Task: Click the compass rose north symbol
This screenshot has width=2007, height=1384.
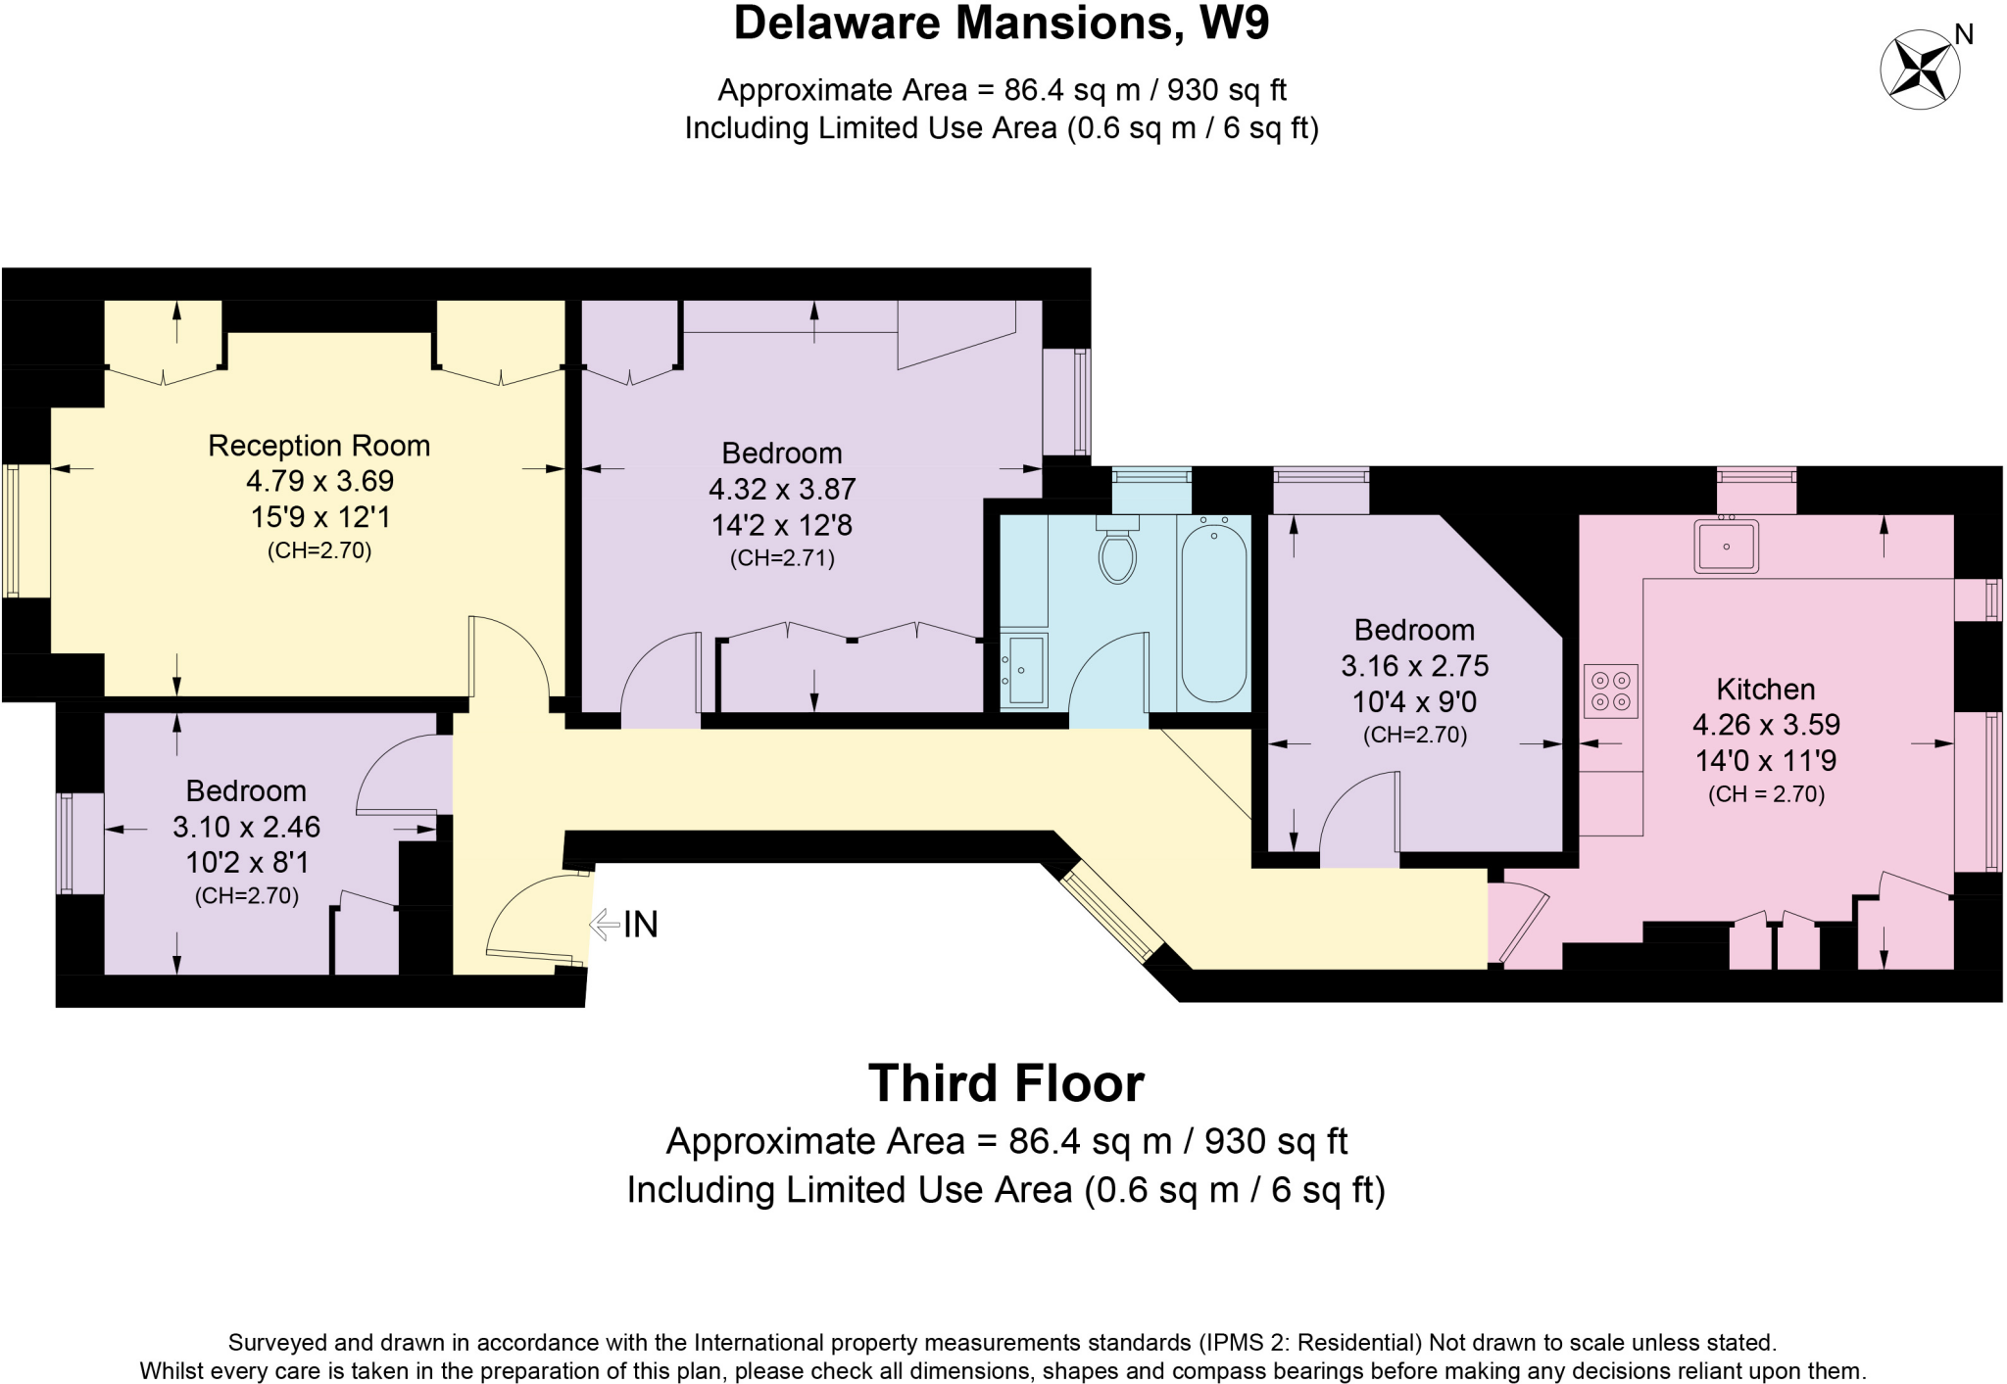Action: tap(1920, 70)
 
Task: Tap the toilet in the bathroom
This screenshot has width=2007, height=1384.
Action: tap(1117, 554)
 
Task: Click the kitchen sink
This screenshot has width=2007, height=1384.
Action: tap(1726, 547)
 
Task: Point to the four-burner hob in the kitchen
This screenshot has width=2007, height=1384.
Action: tap(1610, 691)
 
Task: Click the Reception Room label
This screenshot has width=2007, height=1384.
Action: tap(318, 446)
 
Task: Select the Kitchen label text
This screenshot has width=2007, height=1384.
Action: tap(1765, 689)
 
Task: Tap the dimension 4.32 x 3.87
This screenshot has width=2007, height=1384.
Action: tap(782, 489)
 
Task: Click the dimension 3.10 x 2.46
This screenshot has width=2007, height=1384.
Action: tap(246, 827)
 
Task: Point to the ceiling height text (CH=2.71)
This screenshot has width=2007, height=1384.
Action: tap(782, 559)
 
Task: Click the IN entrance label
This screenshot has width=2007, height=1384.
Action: tap(641, 924)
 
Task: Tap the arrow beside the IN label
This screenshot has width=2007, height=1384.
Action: tap(604, 924)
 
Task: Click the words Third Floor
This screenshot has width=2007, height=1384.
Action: tap(1005, 1083)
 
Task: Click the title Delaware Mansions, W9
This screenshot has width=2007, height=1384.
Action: tap(1001, 24)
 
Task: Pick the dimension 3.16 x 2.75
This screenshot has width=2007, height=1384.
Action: tap(1414, 666)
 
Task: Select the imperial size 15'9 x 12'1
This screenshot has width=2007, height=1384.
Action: tap(318, 516)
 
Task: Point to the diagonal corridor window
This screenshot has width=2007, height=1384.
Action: tap(1108, 911)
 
